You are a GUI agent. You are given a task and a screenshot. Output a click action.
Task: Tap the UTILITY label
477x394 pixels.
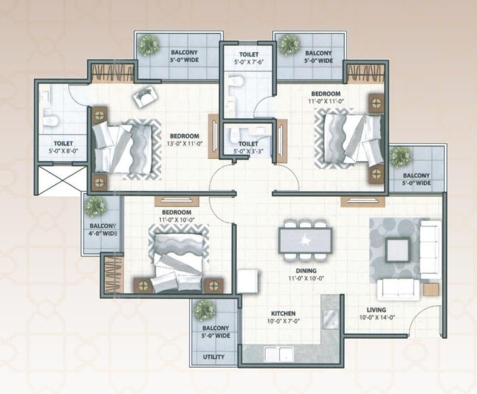pyautogui.click(x=214, y=357)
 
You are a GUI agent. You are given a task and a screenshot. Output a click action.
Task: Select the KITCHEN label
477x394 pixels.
pyautogui.click(x=283, y=313)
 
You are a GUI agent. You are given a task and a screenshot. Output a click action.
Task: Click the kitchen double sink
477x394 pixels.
pyautogui.click(x=279, y=354)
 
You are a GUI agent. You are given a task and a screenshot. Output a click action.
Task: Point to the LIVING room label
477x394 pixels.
pyautogui.click(x=376, y=310)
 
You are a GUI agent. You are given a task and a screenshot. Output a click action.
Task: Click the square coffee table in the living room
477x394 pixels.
pyautogui.click(x=398, y=250)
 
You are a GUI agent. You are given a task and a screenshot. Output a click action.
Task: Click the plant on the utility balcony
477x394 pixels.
pyautogui.click(x=205, y=311)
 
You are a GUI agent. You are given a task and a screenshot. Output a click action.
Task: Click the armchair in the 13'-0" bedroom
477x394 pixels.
pyautogui.click(x=146, y=96)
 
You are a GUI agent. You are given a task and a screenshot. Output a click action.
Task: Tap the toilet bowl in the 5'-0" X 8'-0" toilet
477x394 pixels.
pyautogui.click(x=50, y=121)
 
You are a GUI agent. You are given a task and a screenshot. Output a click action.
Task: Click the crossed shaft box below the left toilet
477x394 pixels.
pyautogui.click(x=62, y=181)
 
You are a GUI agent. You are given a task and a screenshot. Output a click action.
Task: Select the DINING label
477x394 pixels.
pyautogui.click(x=306, y=271)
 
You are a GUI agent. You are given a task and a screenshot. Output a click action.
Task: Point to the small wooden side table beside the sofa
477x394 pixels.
pyautogui.click(x=431, y=290)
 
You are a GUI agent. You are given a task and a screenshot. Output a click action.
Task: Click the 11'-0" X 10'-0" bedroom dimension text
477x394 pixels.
pyautogui.click(x=176, y=220)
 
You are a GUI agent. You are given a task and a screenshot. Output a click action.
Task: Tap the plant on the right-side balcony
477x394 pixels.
pyautogui.click(x=401, y=158)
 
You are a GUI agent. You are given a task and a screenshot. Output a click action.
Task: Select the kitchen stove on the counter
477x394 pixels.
pyautogui.click(x=330, y=319)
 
